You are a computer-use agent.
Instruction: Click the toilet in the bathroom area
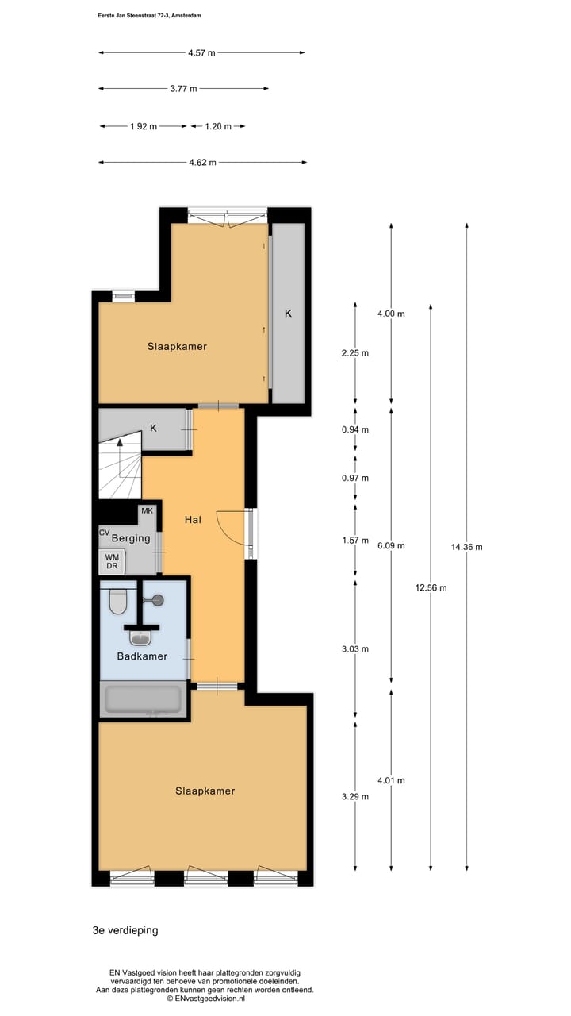[x=118, y=602]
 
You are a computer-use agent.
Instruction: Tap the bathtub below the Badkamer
[x=144, y=699]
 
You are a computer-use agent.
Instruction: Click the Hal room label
[x=192, y=520]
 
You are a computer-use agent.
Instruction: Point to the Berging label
[x=131, y=538]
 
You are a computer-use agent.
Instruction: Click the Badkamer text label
[x=142, y=656]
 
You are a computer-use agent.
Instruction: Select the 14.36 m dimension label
[x=466, y=546]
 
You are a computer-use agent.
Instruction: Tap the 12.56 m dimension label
[x=431, y=588]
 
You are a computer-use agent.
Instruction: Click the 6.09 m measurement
[x=390, y=545]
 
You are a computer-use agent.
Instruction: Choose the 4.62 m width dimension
[x=202, y=163]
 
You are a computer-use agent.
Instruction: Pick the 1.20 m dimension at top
[x=218, y=126]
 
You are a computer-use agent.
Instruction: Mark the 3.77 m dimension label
[x=183, y=89]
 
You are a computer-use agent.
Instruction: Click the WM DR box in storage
[x=112, y=562]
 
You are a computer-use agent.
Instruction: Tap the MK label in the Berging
[x=147, y=510]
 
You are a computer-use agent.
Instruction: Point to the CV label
[x=104, y=533]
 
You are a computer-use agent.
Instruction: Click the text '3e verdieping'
[x=125, y=930]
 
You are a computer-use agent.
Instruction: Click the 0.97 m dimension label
[x=354, y=478]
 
